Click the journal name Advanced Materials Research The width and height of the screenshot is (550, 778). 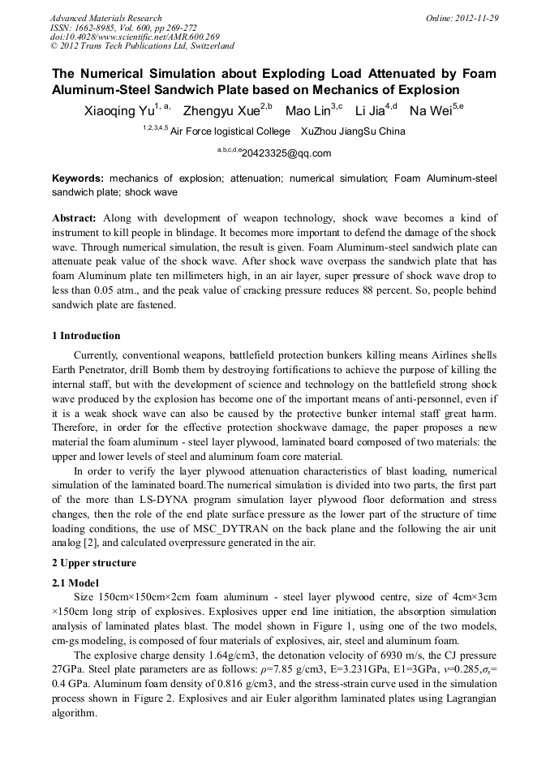[105, 18]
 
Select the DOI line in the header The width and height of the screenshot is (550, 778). [135, 37]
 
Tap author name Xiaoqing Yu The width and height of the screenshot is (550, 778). [118, 111]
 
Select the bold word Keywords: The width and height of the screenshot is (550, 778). [78, 178]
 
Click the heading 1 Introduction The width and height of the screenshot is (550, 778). [86, 336]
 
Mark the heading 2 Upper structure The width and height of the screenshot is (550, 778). [94, 563]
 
